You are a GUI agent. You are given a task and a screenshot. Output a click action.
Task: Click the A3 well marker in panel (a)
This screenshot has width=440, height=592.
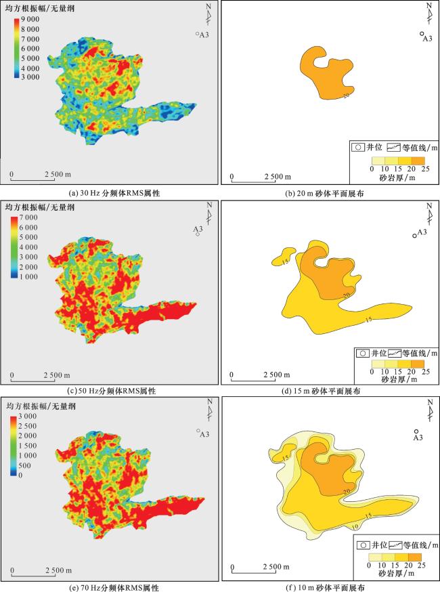click(197, 34)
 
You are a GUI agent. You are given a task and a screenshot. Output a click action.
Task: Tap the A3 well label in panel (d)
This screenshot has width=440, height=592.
click(422, 232)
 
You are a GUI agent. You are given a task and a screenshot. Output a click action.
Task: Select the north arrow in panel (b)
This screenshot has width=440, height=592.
click(429, 16)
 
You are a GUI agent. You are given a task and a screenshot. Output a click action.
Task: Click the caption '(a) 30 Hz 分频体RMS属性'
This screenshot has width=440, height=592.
click(110, 193)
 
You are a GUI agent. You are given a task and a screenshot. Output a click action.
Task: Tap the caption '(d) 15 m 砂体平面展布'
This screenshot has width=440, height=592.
click(330, 391)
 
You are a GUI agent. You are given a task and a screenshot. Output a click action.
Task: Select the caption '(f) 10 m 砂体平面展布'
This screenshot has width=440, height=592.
click(330, 588)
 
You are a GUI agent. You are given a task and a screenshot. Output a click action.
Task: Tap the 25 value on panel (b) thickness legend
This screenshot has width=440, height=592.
click(422, 168)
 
